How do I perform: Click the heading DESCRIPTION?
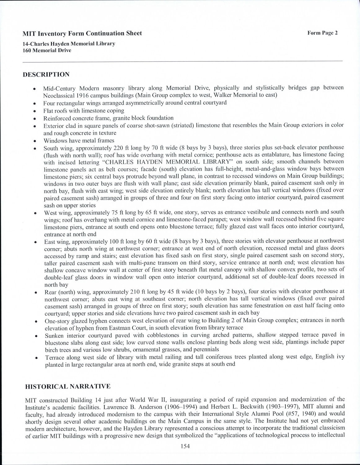(x=46, y=74)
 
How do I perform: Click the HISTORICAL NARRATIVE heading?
(x=68, y=386)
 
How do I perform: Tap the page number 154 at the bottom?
(x=185, y=446)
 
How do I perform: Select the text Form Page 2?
(x=322, y=33)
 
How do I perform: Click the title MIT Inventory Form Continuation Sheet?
(x=82, y=33)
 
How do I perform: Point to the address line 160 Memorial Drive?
(x=47, y=50)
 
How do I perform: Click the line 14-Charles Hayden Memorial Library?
(x=69, y=44)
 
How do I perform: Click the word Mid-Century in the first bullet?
(x=59, y=88)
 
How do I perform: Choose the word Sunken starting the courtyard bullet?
(x=54, y=335)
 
